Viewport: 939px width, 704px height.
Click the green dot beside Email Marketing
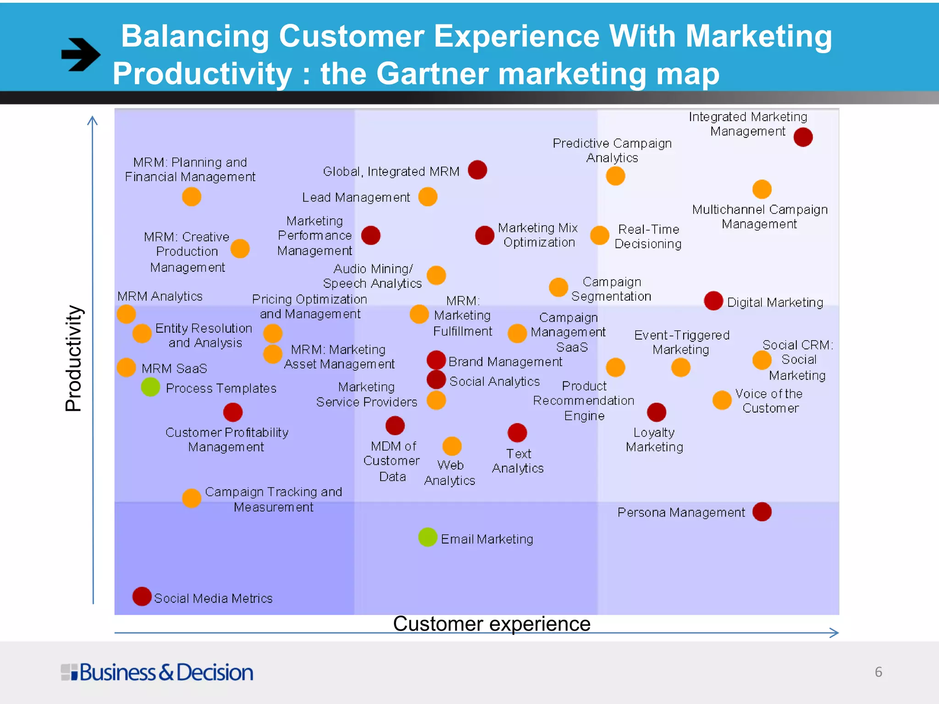(x=427, y=537)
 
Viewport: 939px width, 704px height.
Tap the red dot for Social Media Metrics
(x=142, y=596)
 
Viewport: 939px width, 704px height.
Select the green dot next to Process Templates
(x=150, y=387)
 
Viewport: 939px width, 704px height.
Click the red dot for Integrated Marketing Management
(x=803, y=137)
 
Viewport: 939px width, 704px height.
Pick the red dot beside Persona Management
(x=762, y=511)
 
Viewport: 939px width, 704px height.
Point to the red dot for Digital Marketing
(x=713, y=301)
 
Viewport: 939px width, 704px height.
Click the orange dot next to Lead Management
(x=427, y=197)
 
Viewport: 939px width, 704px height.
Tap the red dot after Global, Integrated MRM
(x=477, y=170)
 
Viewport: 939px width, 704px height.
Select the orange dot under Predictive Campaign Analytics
(x=615, y=176)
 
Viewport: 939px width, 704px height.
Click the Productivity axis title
(x=73, y=358)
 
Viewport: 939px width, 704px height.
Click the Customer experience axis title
(x=492, y=624)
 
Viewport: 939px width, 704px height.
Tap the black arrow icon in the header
(x=81, y=55)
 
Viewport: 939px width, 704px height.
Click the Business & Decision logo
(x=157, y=672)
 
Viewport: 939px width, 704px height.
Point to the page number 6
(x=878, y=672)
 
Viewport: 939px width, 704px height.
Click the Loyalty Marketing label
(x=654, y=440)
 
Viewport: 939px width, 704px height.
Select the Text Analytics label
(x=518, y=461)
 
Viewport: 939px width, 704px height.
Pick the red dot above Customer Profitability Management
(x=233, y=412)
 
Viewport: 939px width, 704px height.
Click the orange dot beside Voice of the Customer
(x=722, y=400)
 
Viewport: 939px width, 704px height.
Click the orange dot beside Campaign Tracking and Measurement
(x=192, y=498)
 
